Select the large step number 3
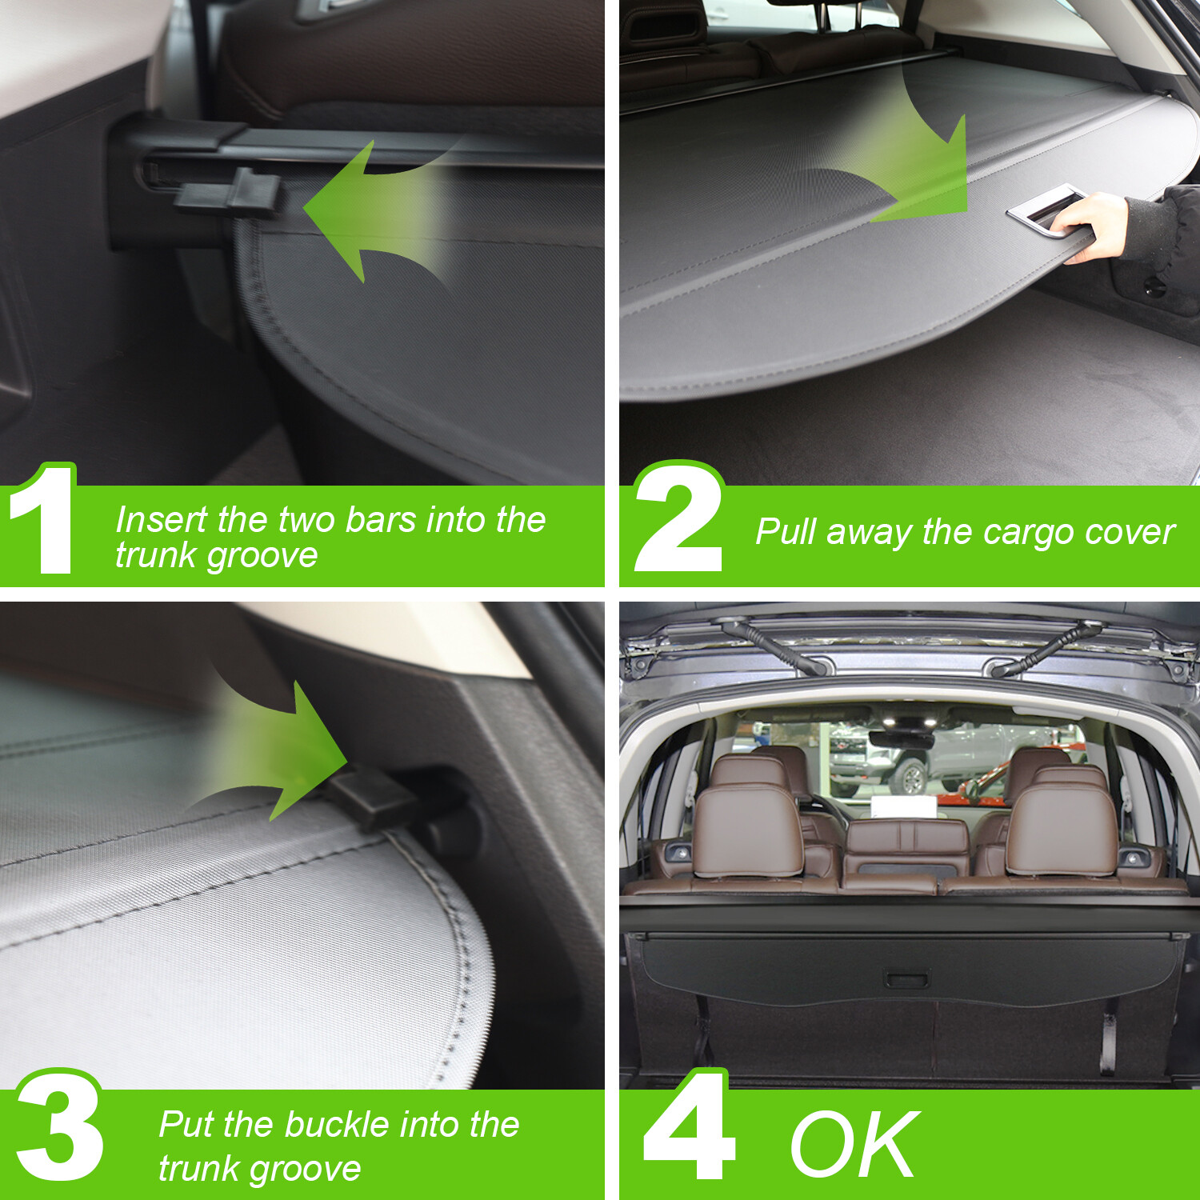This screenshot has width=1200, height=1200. click(x=60, y=1128)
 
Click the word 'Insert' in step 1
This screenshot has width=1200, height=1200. click(x=161, y=520)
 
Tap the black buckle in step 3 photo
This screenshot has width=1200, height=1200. click(x=376, y=800)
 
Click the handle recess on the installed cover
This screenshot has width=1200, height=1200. click(x=906, y=979)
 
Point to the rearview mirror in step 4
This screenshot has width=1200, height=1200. click(x=901, y=739)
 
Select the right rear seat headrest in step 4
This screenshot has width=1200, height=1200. click(x=1060, y=828)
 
